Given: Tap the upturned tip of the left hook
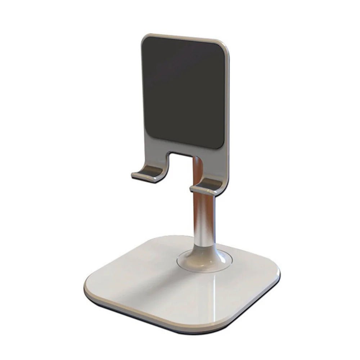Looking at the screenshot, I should point(134,175).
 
